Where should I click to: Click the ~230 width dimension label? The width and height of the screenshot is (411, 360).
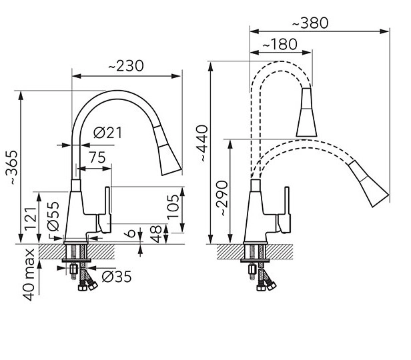click(x=126, y=66)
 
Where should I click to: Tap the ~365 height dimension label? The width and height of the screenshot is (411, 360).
click(x=12, y=167)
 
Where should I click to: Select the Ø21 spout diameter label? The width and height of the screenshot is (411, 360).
click(x=107, y=133)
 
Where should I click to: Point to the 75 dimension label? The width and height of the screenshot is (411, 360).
click(x=97, y=157)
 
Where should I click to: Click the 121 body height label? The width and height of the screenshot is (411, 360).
click(x=30, y=219)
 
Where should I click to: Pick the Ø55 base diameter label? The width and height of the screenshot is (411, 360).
click(x=53, y=216)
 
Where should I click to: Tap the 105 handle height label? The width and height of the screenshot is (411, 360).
click(x=173, y=207)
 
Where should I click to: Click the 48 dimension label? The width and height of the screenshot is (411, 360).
click(x=156, y=234)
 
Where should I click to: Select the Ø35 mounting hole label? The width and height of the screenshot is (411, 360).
click(x=117, y=277)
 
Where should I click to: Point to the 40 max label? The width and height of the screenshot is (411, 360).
click(x=29, y=275)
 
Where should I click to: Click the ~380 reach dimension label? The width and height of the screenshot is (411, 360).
click(x=310, y=23)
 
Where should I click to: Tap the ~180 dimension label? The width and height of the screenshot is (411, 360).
click(x=280, y=44)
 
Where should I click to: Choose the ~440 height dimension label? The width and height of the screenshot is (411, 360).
click(x=202, y=143)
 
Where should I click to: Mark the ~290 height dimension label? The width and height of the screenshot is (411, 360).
click(x=222, y=198)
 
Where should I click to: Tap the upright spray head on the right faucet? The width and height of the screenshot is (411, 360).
click(x=306, y=112)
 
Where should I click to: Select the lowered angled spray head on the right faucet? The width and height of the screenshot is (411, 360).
click(x=368, y=183)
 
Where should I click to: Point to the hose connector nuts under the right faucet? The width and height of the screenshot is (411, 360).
click(x=266, y=286)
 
